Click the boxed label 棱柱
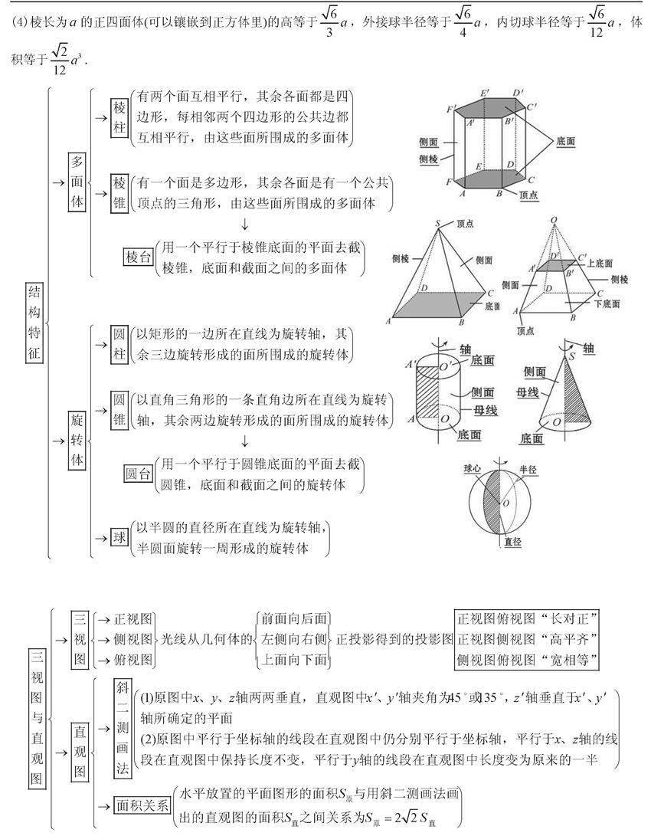[120, 118]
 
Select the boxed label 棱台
[139, 257]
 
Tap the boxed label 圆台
[139, 474]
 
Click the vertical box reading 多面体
[77, 182]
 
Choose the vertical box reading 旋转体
[77, 441]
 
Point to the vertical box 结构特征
[34, 323]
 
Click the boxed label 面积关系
[142, 805]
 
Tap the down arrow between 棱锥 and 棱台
[244, 225]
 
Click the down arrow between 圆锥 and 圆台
[244, 441]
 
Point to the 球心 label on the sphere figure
[472, 469]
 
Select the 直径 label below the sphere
[512, 542]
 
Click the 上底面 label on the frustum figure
[600, 264]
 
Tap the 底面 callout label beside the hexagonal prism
[565, 141]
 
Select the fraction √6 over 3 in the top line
[329, 23]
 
